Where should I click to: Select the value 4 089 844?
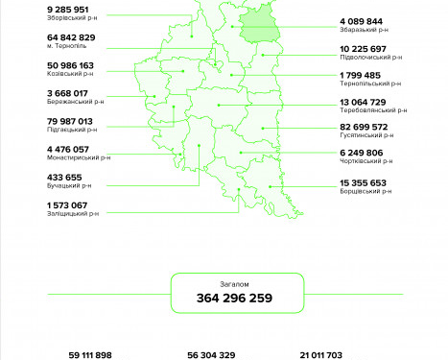click(x=361, y=20)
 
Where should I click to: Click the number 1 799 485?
click(x=360, y=75)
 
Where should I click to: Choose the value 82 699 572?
click(x=364, y=127)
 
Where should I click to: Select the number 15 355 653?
click(x=363, y=182)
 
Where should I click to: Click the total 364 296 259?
click(x=234, y=299)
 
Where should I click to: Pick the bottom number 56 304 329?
click(x=211, y=354)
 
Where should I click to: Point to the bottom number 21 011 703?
click(x=321, y=354)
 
